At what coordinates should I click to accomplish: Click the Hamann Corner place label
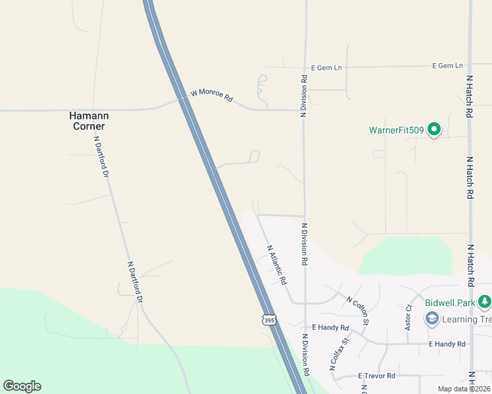(x=89, y=120)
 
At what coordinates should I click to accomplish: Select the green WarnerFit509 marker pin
(x=433, y=130)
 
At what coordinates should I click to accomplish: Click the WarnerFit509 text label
(x=397, y=130)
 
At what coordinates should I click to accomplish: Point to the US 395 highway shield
(x=268, y=320)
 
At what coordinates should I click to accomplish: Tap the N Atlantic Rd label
(x=277, y=265)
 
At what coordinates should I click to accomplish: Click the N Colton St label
(x=358, y=309)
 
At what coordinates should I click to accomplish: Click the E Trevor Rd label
(x=376, y=376)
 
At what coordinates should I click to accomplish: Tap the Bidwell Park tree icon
(x=485, y=301)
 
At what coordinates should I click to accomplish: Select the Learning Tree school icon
(x=432, y=319)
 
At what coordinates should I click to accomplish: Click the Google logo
(x=22, y=386)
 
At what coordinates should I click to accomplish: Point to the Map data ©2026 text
(x=464, y=389)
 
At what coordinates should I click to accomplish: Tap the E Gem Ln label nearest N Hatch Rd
(x=447, y=66)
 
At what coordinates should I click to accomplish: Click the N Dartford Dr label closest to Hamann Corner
(x=101, y=156)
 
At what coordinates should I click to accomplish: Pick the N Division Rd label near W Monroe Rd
(x=304, y=96)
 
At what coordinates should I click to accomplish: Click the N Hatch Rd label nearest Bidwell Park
(x=470, y=265)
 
